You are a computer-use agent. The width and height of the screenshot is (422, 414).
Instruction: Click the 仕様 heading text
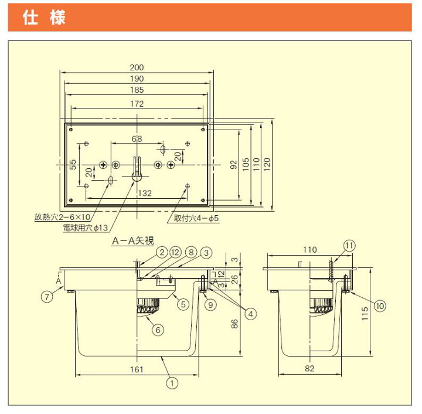44,18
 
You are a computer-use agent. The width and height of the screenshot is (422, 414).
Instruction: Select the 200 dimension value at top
137,67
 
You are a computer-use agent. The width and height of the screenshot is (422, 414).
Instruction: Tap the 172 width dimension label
137,104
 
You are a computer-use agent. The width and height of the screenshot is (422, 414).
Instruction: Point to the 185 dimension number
137,90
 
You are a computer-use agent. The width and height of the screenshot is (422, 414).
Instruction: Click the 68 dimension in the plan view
137,139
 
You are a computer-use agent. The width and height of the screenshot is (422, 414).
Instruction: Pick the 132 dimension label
145,193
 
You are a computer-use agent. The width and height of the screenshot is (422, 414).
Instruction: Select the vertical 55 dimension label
73,164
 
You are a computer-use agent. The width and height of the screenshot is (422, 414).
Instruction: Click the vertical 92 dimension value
234,164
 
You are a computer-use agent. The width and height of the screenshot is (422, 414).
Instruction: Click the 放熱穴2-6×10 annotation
62,217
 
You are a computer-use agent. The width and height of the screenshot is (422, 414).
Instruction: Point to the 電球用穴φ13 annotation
86,228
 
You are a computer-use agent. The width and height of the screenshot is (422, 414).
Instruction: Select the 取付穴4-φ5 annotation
196,218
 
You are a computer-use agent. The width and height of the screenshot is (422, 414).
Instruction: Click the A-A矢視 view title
133,240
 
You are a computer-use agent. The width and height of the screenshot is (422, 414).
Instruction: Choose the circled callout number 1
172,383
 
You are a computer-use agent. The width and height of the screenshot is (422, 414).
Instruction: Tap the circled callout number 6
158,330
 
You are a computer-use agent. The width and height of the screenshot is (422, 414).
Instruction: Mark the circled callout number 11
349,246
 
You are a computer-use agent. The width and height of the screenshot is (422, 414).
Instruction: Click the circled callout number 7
47,297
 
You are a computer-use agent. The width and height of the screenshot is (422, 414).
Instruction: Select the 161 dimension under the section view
137,369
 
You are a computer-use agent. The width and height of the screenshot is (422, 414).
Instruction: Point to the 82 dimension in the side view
309,368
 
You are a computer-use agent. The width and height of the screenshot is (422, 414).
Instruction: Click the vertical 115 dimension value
365,313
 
